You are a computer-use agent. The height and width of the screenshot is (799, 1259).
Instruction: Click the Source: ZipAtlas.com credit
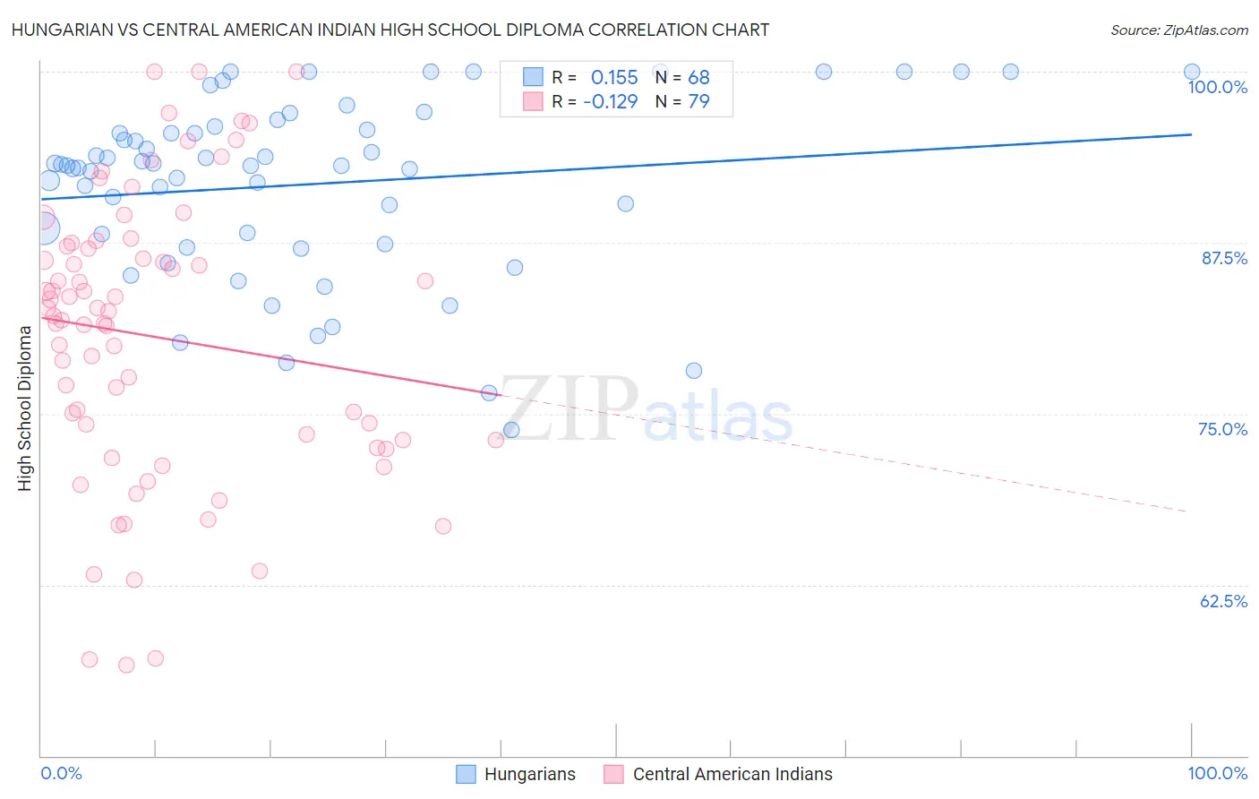1178,30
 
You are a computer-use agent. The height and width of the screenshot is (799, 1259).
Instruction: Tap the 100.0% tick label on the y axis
1217,87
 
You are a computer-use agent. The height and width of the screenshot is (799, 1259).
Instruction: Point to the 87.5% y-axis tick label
1224,258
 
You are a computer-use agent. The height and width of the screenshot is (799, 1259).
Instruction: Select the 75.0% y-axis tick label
1222,429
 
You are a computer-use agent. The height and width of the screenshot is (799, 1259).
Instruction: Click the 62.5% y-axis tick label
1223,601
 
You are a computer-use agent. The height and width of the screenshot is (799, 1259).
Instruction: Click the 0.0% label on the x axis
62,773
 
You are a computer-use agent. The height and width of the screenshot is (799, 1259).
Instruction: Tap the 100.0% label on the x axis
1217,773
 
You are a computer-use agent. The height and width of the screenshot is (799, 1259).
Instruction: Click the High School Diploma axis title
24,408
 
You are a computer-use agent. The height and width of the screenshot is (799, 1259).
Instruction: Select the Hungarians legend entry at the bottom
529,774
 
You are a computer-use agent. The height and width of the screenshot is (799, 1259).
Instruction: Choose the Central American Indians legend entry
732,774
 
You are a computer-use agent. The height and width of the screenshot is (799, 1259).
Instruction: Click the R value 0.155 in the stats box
614,78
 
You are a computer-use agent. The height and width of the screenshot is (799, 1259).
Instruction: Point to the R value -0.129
610,101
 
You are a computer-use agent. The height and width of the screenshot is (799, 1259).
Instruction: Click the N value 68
698,78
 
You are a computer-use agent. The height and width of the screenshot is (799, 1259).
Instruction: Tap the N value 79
698,101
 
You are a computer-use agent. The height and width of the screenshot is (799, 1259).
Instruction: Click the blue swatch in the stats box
533,78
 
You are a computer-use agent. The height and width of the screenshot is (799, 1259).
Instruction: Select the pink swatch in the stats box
533,101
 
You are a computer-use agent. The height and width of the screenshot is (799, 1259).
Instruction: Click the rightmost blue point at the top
1191,72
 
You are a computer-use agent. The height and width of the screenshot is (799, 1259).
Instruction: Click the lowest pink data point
126,665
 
